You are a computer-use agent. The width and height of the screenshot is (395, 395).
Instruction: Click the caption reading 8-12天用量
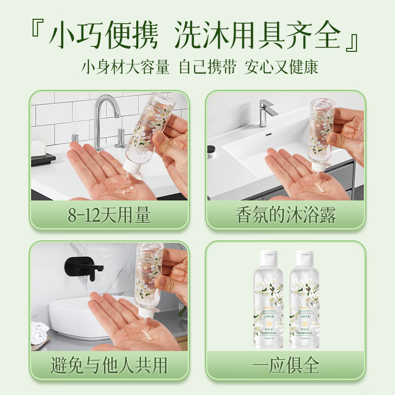pyautogui.click(x=110, y=216)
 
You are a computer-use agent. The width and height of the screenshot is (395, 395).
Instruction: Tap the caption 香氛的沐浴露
pyautogui.click(x=285, y=216)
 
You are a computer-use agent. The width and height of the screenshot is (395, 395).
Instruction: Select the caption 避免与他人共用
pyautogui.click(x=110, y=366)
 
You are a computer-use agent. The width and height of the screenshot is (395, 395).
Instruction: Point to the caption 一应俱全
pyautogui.click(x=285, y=366)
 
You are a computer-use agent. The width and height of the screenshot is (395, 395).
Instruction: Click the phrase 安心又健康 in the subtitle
pyautogui.click(x=281, y=67)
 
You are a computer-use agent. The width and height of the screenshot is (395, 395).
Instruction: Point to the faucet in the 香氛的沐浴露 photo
pyautogui.click(x=267, y=111)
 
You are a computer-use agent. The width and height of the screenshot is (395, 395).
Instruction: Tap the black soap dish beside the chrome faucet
pyautogui.click(x=43, y=158)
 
